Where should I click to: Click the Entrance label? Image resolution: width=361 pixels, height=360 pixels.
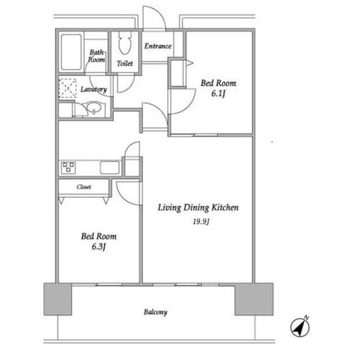coord(158,46)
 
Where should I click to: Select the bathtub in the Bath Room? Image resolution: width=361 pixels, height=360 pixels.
coord(71,52)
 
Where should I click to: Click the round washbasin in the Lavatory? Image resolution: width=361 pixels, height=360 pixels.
coord(94,108)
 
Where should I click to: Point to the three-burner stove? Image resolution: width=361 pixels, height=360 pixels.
coord(68,167)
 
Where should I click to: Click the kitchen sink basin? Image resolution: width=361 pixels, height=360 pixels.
coord(110,167)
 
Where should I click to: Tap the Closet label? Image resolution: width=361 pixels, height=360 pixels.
coord(84,187)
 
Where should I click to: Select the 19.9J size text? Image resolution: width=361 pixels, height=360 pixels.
coord(201,221)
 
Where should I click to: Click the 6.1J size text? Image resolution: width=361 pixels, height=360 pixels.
coord(218,94)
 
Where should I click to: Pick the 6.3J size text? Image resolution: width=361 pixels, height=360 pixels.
coord(99,247)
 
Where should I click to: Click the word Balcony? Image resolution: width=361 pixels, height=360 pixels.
coord(156,312)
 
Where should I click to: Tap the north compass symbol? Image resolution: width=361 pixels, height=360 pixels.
coord(300,327)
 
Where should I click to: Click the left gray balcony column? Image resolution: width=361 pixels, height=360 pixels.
coord(58,299)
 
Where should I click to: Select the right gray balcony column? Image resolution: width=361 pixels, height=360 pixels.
coord(254,299)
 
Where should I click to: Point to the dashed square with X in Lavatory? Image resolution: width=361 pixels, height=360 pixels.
coord(68,88)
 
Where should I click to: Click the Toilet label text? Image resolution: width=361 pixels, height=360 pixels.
coord(125,63)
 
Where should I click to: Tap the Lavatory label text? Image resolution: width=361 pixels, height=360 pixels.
coord(94,89)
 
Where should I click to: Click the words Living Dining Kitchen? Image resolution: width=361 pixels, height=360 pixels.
coord(198,207)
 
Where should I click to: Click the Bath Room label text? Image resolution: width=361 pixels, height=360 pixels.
coord(96,56)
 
